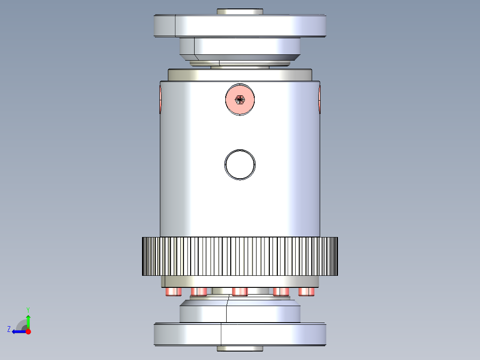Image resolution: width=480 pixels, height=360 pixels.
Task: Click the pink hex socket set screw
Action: click(x=240, y=99)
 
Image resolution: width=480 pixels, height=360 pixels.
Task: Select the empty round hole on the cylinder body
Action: click(x=240, y=164)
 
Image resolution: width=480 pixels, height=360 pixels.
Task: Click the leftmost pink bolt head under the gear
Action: click(x=173, y=291)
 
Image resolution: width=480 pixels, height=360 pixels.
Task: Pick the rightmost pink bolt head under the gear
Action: click(x=307, y=291)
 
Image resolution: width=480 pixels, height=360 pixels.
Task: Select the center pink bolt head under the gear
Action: click(x=240, y=291)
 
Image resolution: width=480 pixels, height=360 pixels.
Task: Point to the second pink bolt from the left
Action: click(x=199, y=291)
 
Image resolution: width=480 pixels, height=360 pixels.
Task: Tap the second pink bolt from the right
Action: click(x=281, y=291)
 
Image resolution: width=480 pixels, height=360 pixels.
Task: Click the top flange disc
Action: click(x=240, y=26)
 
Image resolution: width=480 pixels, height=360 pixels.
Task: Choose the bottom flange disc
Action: click(x=240, y=334)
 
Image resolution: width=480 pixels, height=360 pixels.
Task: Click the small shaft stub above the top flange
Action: click(x=240, y=11)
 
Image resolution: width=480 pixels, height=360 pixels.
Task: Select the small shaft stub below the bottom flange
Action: click(x=240, y=348)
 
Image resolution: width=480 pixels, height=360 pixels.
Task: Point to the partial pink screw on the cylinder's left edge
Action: click(x=161, y=99)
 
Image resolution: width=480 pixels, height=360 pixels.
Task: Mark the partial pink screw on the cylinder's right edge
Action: click(x=319, y=99)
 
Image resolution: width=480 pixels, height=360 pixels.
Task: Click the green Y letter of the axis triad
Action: click(x=28, y=309)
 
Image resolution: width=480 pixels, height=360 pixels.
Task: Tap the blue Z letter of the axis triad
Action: click(x=9, y=329)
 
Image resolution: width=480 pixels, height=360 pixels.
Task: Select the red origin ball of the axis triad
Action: click(x=28, y=331)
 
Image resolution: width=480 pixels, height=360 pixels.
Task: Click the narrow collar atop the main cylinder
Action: click(x=240, y=74)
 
